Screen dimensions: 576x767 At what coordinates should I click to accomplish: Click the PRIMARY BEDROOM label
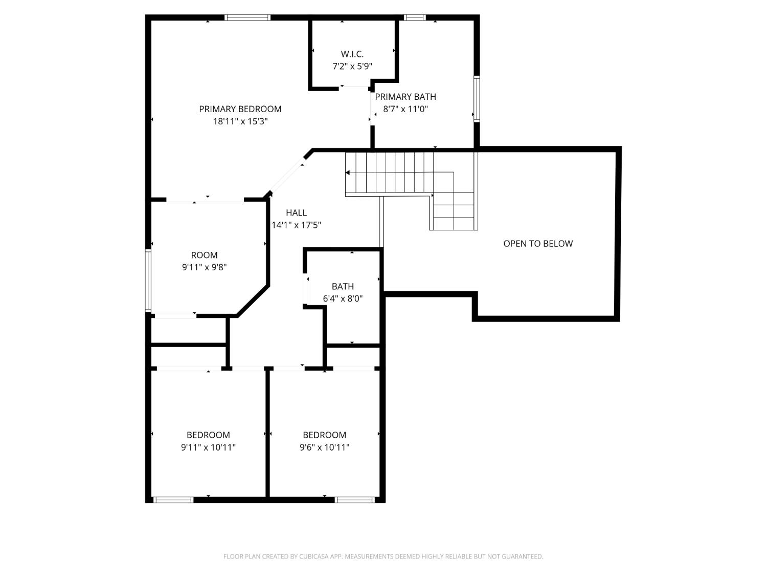click(x=240, y=109)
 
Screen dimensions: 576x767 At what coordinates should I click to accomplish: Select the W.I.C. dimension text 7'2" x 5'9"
click(x=352, y=66)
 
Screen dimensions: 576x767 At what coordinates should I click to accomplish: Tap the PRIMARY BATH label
click(x=405, y=97)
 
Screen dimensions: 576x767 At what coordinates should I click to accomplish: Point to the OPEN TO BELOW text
click(x=538, y=244)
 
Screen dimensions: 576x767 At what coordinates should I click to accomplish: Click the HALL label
click(x=296, y=212)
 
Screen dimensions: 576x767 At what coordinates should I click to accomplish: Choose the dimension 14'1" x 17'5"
click(x=296, y=225)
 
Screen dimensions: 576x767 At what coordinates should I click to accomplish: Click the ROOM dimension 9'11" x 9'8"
click(x=204, y=267)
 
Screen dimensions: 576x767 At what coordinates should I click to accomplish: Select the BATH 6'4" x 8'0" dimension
click(x=343, y=298)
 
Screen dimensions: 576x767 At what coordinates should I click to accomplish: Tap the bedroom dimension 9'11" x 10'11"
click(x=208, y=447)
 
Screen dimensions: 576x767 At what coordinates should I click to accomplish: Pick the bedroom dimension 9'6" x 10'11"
click(x=324, y=447)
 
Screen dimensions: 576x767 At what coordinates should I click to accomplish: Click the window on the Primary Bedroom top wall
click(x=247, y=18)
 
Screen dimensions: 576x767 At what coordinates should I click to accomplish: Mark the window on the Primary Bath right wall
click(x=476, y=99)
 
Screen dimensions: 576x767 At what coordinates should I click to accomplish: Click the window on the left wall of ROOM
click(x=148, y=280)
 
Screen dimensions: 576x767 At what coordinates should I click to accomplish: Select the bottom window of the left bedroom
click(x=173, y=500)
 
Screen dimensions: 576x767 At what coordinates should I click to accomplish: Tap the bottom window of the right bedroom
click(x=355, y=500)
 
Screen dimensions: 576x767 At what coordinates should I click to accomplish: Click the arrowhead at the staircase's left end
click(x=348, y=173)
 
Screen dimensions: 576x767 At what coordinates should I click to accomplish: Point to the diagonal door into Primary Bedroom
click(x=287, y=174)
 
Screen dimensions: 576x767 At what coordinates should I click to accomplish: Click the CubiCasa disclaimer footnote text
click(x=383, y=557)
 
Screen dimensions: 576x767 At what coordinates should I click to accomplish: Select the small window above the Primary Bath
click(x=414, y=18)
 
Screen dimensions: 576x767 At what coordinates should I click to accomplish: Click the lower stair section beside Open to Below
click(x=453, y=211)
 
